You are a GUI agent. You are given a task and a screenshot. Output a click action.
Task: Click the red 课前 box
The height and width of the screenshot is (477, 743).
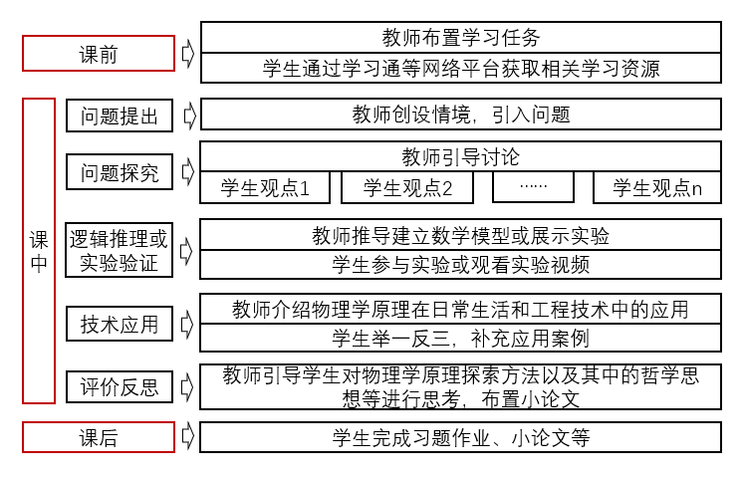point(98,54)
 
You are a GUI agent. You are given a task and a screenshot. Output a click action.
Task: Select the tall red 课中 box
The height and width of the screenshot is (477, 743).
point(39,250)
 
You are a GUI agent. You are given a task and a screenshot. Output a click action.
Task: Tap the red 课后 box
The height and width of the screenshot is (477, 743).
point(98,437)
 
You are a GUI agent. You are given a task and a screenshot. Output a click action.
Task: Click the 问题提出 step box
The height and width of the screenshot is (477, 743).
point(120,116)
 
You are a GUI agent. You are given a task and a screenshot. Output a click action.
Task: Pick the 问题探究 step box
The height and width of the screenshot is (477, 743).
point(120,171)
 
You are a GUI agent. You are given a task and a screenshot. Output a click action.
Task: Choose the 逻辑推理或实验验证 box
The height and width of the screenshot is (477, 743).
point(120,251)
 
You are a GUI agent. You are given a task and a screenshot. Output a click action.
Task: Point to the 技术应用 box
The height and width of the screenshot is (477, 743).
point(120,323)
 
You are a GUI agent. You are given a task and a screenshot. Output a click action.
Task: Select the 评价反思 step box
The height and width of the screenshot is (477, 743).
point(120,386)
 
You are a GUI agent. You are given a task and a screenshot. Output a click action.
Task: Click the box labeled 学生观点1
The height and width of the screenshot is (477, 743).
point(265,187)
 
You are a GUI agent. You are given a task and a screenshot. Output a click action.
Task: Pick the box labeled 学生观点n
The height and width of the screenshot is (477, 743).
point(657,187)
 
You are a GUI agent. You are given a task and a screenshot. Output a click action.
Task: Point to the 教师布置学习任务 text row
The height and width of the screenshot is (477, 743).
point(460,38)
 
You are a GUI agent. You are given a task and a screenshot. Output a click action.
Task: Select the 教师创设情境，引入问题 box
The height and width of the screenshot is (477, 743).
point(460,115)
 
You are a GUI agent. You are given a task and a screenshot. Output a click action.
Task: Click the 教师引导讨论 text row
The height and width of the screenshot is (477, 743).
point(460,157)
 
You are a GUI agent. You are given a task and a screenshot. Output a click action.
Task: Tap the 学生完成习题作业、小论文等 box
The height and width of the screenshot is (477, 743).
point(460,437)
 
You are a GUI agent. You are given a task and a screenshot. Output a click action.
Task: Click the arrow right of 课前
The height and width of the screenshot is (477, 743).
point(187,54)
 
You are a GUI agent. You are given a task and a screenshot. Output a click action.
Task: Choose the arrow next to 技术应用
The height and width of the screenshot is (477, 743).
point(187,323)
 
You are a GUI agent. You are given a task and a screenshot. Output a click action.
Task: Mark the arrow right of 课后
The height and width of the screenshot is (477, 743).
point(187,437)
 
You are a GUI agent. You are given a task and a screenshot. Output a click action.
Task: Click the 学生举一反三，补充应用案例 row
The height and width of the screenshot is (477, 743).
point(460,337)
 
